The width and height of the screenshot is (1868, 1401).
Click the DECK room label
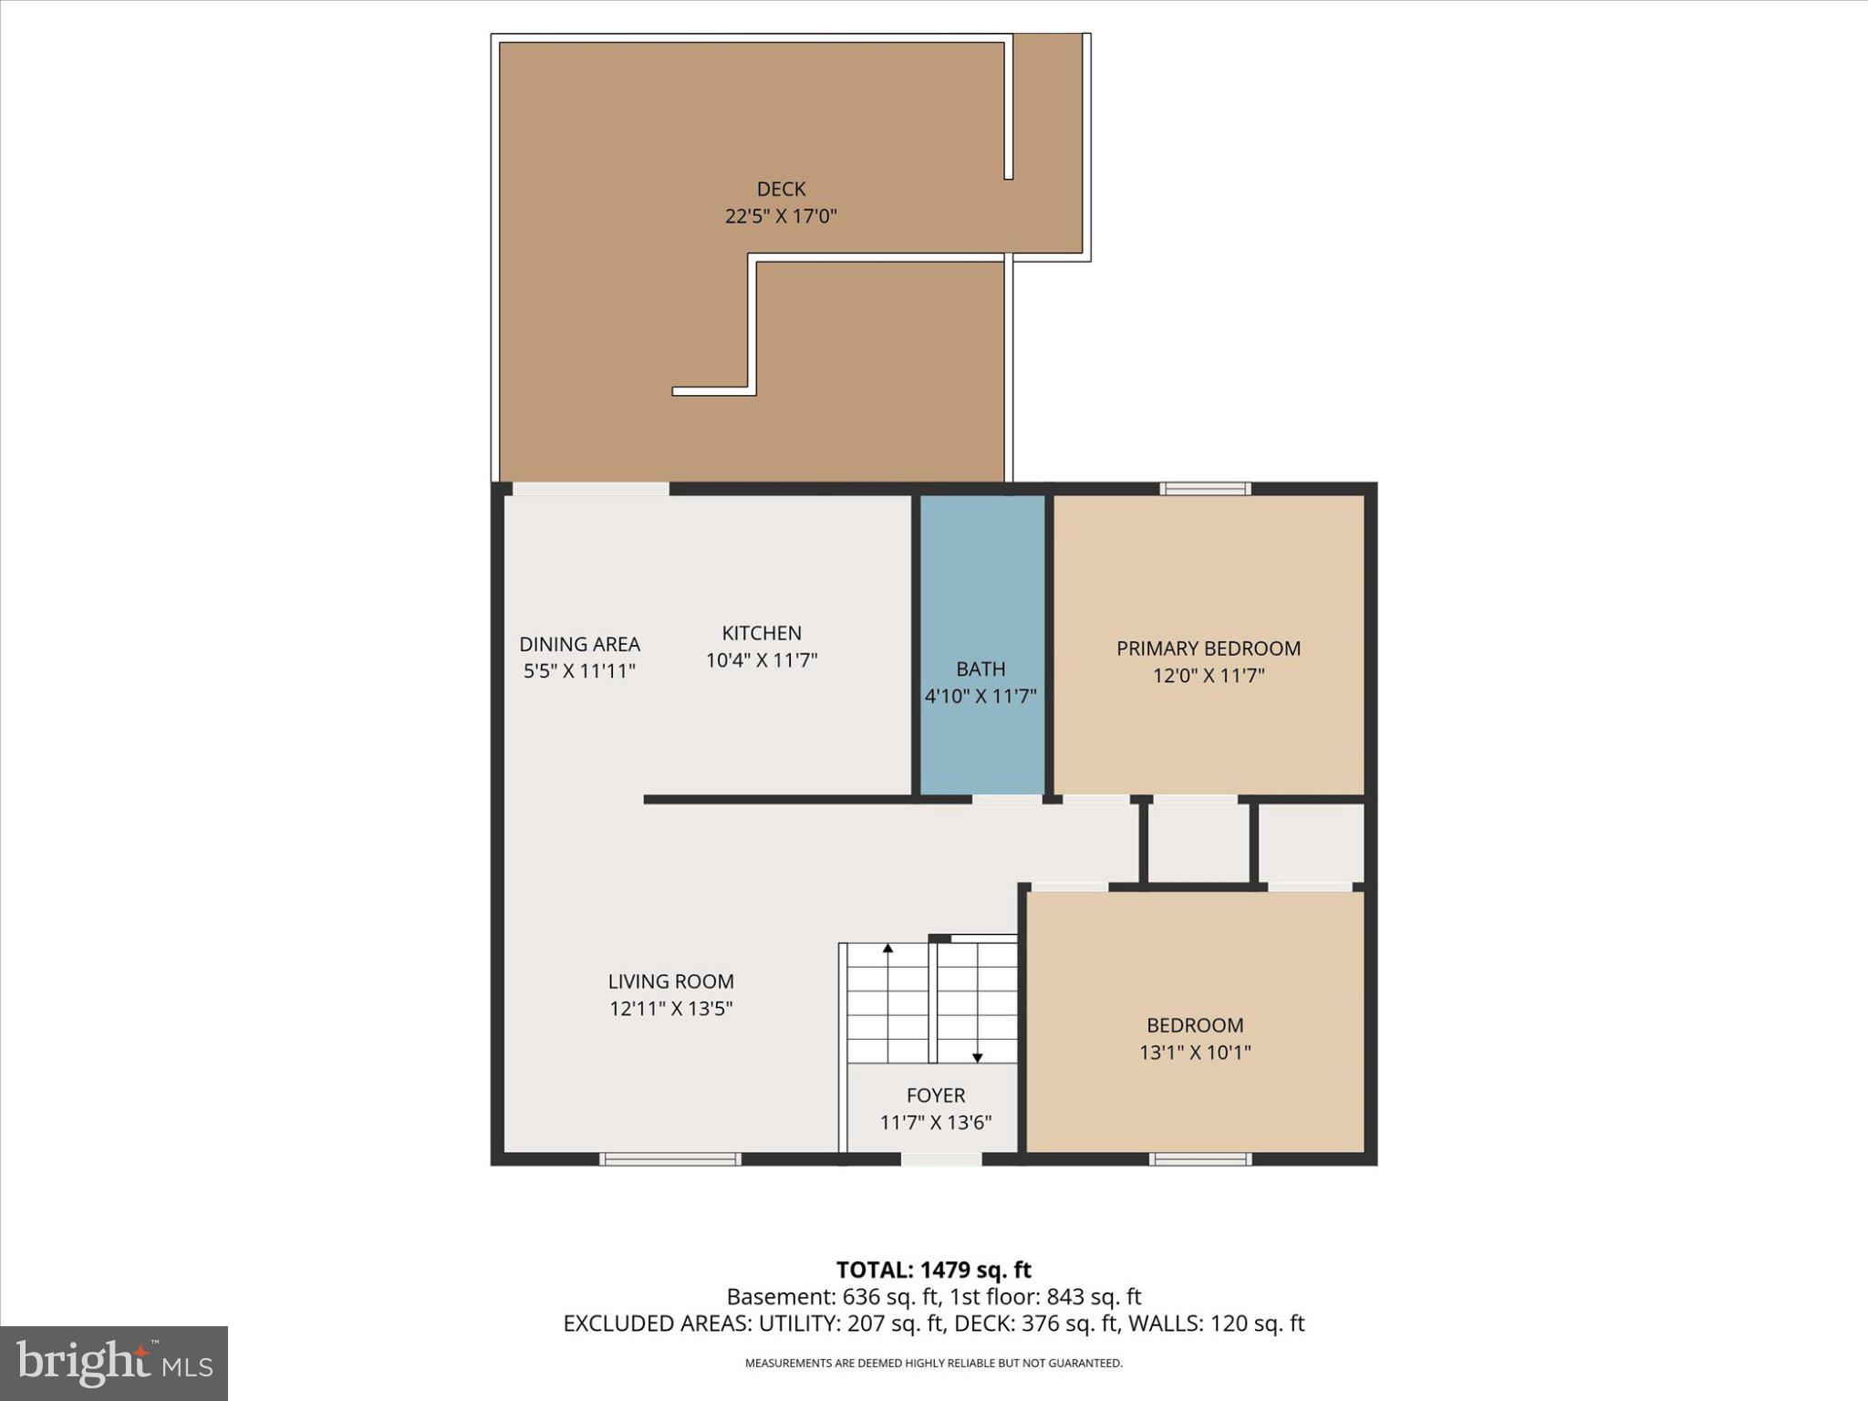pyautogui.click(x=781, y=189)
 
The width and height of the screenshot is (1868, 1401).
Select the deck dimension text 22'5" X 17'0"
pyautogui.click(x=781, y=216)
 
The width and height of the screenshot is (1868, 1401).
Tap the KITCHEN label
pyautogui.click(x=762, y=633)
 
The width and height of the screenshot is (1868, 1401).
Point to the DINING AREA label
pyautogui.click(x=579, y=644)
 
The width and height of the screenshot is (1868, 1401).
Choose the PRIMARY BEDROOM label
pyautogui.click(x=1208, y=649)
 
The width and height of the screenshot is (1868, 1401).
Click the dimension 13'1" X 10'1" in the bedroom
pyautogui.click(x=1195, y=1053)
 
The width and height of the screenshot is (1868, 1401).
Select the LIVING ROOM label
pyautogui.click(x=670, y=981)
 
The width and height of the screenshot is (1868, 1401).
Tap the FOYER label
pyautogui.click(x=935, y=1095)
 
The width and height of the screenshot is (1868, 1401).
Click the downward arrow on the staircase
pyautogui.click(x=977, y=1056)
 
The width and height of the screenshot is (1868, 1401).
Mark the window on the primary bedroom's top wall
pyautogui.click(x=1205, y=489)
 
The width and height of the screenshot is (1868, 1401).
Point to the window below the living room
pyautogui.click(x=669, y=1159)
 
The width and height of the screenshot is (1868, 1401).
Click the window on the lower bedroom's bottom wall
pyautogui.click(x=1199, y=1159)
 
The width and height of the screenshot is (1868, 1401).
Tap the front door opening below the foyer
pyautogui.click(x=940, y=1159)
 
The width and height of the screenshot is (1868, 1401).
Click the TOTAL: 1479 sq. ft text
pyautogui.click(x=933, y=1270)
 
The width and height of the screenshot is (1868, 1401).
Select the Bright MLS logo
pyautogui.click(x=114, y=1363)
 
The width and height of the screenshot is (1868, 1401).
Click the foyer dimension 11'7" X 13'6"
pyautogui.click(x=935, y=1123)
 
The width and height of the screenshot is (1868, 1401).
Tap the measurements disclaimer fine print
pyautogui.click(x=933, y=1364)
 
